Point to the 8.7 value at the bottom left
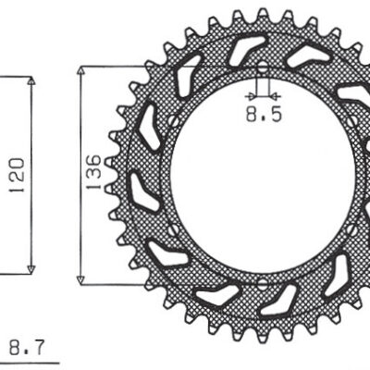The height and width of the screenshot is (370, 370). (x=25, y=350)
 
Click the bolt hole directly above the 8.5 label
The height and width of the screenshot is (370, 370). (x=262, y=70)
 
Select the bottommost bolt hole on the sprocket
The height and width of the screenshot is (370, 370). (x=262, y=281)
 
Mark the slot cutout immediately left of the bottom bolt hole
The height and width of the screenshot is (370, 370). (x=217, y=296)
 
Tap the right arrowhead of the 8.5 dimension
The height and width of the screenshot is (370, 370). (x=273, y=95)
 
